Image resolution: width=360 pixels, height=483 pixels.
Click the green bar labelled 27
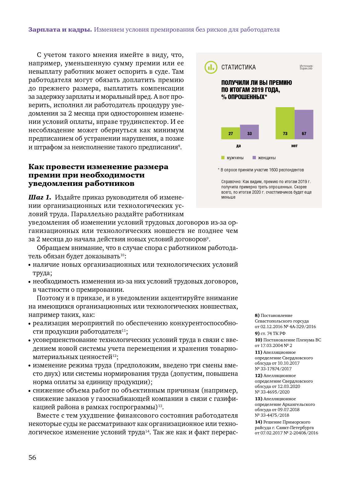pos(231,133)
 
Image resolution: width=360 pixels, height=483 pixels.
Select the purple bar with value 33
pos(249,132)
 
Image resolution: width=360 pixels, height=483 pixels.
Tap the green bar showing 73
pos(285,123)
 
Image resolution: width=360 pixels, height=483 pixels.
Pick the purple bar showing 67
pos(304,125)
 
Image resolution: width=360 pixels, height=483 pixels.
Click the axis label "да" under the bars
pos(238,146)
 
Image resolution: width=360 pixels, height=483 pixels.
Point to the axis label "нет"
pos(294,146)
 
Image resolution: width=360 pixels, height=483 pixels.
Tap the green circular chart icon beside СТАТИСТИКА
pos(211,67)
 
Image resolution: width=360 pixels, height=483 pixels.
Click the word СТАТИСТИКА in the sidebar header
pos(238,67)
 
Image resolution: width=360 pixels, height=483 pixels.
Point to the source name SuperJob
pos(306,68)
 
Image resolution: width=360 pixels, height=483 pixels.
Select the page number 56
pos(32,458)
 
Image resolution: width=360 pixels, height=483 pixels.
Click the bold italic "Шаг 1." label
pos(40,198)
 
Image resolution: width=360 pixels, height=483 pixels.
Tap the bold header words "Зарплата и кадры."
pos(60,30)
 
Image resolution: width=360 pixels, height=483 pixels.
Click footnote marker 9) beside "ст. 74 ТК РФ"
pos(257,334)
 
